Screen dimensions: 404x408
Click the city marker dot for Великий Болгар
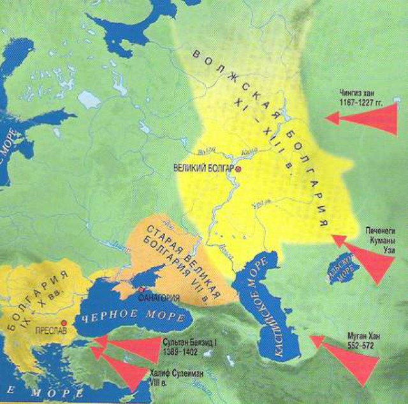click(238, 170)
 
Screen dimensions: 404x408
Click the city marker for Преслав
click(64, 322)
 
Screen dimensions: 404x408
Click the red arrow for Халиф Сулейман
click(121, 370)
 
